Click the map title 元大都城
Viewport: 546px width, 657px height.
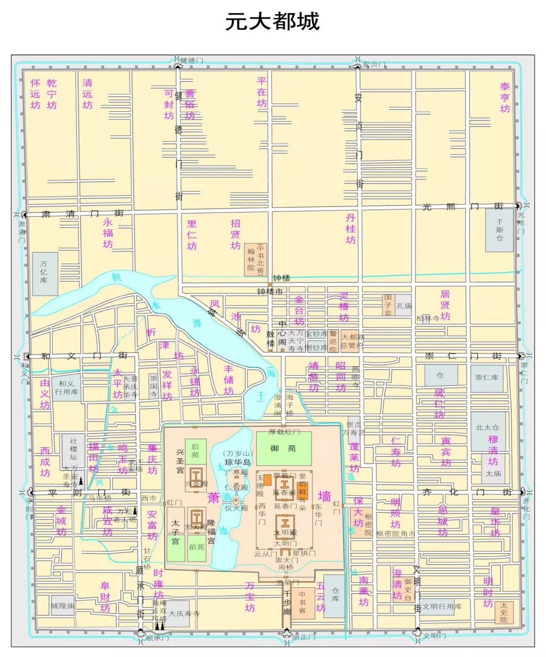tap(272, 22)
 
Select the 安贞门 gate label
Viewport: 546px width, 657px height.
tap(374, 65)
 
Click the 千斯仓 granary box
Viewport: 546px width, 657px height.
tap(499, 230)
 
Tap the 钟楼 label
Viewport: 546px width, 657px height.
tap(281, 278)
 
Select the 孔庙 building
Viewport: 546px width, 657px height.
tap(404, 305)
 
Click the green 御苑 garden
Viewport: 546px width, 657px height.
tap(283, 448)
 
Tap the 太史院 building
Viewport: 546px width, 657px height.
tap(504, 612)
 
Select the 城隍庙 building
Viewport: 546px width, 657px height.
tap(63, 605)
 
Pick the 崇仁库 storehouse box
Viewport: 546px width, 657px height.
tap(487, 377)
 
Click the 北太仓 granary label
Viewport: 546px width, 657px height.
tap(487, 427)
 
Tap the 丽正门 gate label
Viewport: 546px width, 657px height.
tap(303, 637)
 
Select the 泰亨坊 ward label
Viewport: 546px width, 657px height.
tap(505, 98)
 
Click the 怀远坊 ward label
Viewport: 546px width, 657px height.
tap(35, 94)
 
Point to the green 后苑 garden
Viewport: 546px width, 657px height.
tap(195, 451)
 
